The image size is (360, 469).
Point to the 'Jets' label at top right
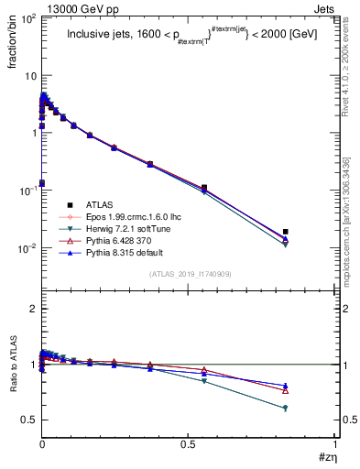point(325,7)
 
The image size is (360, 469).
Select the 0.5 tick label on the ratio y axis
point(27,420)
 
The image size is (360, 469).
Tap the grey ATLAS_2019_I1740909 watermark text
point(191,274)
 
